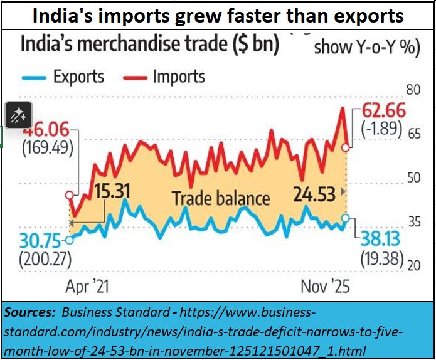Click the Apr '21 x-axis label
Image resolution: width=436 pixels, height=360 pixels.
tap(87, 287)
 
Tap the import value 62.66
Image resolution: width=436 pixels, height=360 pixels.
tap(383, 112)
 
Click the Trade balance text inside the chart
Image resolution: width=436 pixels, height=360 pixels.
tap(221, 199)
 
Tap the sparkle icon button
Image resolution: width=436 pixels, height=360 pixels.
tap(18, 114)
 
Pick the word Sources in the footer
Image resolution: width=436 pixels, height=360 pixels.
tap(29, 312)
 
